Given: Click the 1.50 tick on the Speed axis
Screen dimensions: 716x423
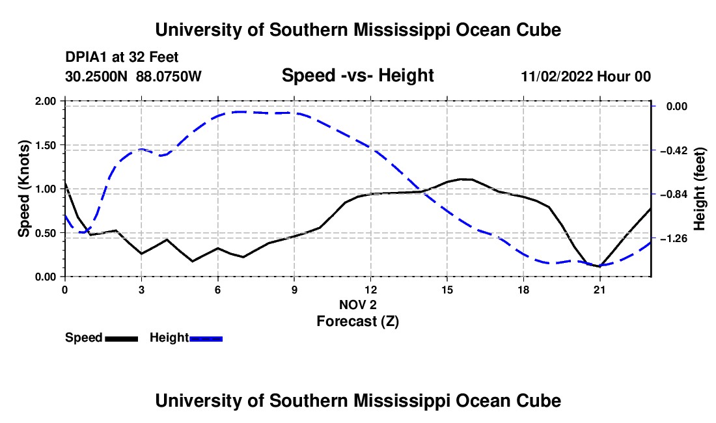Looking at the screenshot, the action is click(45, 145).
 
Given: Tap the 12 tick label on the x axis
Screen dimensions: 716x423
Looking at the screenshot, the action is click(370, 290).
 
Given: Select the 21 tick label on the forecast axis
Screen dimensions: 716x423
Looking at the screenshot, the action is click(599, 290).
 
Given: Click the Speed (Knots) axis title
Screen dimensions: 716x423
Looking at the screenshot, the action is click(23, 189).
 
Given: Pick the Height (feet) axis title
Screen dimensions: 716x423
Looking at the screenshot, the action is click(700, 189).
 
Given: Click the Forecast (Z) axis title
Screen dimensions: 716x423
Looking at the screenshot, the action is click(357, 321).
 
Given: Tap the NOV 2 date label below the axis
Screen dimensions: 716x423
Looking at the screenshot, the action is click(357, 305).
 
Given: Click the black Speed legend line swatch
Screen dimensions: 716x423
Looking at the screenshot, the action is click(121, 339).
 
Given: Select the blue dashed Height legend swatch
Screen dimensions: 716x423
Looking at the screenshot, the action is click(206, 339).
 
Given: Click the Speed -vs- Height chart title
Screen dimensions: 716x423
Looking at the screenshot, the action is click(357, 75).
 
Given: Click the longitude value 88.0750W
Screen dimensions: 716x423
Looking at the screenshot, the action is click(169, 76).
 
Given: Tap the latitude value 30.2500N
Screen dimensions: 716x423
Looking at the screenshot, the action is click(96, 76).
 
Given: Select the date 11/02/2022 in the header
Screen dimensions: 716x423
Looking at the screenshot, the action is click(557, 76).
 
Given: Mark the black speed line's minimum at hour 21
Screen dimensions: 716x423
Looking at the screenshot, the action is click(599, 266).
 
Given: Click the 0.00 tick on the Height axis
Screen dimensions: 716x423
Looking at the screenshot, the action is click(677, 106).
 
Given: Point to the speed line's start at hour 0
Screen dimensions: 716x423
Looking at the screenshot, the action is click(65, 183).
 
